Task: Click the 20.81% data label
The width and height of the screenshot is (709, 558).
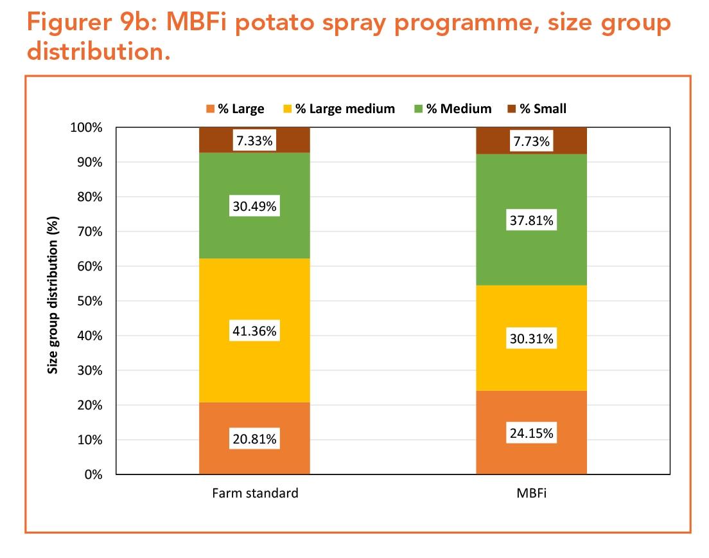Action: [254, 440]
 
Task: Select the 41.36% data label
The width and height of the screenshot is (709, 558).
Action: [254, 332]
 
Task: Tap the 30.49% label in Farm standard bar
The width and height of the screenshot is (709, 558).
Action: [254, 207]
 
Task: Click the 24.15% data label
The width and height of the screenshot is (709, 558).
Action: [531, 433]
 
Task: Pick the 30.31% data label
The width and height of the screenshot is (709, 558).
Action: [531, 338]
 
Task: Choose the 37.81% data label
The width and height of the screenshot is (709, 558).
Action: [531, 221]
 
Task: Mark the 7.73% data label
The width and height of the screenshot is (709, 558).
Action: [531, 141]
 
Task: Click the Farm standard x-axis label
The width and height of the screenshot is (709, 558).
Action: [255, 494]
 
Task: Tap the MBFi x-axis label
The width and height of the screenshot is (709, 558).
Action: [532, 494]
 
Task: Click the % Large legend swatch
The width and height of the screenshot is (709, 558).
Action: [209, 109]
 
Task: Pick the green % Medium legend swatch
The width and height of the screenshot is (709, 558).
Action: [417, 109]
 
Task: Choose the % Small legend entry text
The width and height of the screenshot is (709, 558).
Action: [543, 109]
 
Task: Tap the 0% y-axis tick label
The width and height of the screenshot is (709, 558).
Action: [94, 474]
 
